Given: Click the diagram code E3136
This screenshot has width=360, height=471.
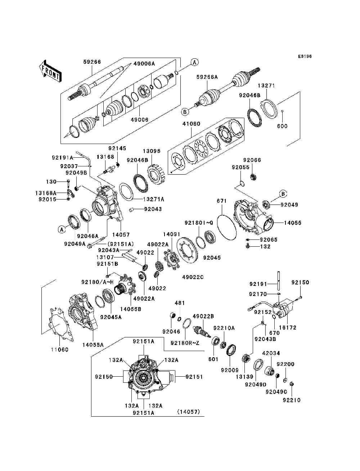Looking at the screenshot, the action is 305,57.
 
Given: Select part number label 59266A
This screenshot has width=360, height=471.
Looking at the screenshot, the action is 207,77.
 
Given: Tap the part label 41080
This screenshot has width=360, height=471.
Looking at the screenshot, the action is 192,124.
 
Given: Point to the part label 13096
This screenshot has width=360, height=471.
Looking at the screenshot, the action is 152,151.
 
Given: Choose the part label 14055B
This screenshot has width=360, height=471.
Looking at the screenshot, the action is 131,309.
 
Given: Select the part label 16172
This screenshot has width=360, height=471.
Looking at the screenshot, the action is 288,327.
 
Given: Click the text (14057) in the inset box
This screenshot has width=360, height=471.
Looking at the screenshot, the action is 189,412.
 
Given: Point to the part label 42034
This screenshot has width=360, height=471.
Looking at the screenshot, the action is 271,353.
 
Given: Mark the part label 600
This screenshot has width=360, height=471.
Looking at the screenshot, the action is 282,126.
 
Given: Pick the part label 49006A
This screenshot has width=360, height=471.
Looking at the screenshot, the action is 144,63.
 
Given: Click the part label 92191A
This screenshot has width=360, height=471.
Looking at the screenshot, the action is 63,158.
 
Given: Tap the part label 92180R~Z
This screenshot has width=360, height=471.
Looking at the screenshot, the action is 185,343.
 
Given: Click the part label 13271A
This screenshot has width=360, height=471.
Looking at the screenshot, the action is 154,199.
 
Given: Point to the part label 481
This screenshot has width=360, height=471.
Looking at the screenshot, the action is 180,303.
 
